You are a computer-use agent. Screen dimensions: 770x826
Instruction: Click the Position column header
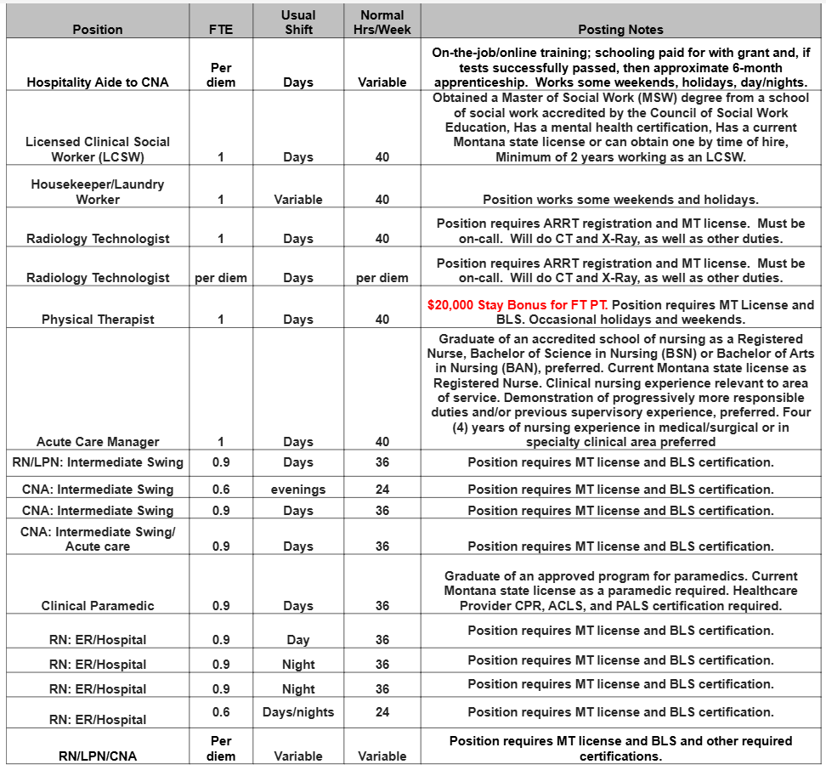point(97,30)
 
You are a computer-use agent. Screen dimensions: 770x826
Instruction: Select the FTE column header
point(220,30)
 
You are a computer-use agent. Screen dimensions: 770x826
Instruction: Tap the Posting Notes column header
point(620,30)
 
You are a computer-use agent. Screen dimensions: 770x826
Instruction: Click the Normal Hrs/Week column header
point(382,22)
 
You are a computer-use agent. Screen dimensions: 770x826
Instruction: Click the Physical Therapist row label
point(97,320)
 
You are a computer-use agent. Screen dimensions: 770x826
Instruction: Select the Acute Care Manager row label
point(97,442)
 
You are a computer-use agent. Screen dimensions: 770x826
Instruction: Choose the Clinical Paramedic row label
point(97,606)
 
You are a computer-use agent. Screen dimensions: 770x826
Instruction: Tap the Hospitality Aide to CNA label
point(97,82)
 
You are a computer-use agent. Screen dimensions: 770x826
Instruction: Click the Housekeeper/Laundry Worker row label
point(97,192)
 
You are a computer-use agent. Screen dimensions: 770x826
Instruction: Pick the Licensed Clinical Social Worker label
point(97,150)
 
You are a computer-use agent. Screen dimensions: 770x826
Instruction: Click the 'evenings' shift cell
point(298,490)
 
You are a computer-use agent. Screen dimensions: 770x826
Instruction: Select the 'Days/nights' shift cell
point(298,711)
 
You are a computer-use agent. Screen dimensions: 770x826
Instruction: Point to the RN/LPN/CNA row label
point(97,756)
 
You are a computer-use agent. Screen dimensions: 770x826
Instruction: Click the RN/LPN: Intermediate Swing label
point(97,462)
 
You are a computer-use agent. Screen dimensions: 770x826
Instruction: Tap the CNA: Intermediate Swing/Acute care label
point(97,539)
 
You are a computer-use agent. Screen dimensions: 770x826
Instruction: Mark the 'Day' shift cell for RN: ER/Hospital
point(298,640)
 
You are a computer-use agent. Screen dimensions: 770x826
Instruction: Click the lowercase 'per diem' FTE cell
point(220,278)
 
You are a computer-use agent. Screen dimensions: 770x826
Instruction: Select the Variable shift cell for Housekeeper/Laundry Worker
point(298,200)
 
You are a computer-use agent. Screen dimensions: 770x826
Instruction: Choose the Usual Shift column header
point(298,22)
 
